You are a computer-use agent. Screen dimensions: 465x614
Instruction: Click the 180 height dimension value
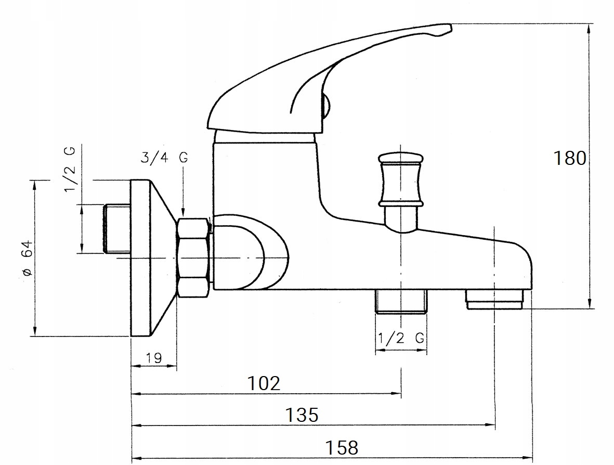[570, 158]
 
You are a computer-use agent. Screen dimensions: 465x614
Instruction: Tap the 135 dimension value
[302, 415]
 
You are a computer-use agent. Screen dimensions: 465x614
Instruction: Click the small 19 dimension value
[153, 358]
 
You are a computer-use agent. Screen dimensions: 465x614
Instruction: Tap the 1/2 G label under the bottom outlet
[401, 338]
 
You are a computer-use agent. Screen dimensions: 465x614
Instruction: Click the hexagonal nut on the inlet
[193, 257]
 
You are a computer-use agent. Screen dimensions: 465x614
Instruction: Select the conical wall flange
[151, 258]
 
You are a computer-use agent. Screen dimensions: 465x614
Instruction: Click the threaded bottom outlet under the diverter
[401, 301]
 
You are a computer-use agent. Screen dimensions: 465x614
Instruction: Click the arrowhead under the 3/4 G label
[183, 211]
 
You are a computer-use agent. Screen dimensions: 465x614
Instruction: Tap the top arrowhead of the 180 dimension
[589, 28]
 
